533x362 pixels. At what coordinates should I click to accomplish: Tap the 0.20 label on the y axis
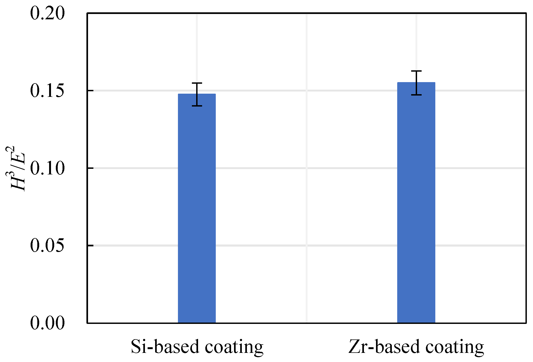[47, 13]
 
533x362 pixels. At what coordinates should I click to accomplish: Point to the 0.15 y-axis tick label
[47, 91]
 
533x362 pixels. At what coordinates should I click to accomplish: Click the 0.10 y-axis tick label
[47, 168]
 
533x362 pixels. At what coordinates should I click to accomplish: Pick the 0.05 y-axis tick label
[47, 245]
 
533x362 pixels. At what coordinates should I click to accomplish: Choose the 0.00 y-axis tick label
[47, 323]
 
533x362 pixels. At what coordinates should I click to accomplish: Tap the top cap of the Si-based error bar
[197, 83]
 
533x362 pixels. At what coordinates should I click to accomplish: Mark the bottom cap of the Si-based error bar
[197, 106]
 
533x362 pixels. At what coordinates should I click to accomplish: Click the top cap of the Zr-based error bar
[416, 71]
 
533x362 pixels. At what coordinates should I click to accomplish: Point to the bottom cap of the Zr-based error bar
[416, 95]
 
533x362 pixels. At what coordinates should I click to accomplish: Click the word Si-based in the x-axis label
[165, 347]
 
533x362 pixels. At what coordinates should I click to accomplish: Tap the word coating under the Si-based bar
[234, 347]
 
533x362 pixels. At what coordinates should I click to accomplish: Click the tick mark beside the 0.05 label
[90, 245]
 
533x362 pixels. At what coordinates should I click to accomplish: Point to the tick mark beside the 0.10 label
[90, 168]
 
